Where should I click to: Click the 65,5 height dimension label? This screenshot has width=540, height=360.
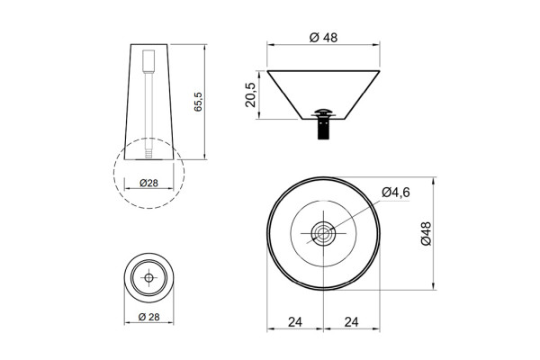(x=198, y=102)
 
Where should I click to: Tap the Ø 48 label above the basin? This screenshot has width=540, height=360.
(x=323, y=37)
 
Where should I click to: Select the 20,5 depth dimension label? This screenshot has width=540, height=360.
(x=250, y=95)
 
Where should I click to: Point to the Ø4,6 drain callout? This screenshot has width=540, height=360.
(x=396, y=193)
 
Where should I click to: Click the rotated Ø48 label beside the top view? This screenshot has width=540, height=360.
(x=426, y=233)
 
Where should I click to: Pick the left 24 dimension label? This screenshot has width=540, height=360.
(x=295, y=322)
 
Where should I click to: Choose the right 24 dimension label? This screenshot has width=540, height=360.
(x=351, y=322)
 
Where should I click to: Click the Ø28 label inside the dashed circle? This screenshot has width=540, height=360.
(x=148, y=183)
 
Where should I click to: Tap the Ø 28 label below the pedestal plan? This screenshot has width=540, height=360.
(x=149, y=317)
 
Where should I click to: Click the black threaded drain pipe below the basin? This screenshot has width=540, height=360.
(x=323, y=128)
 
